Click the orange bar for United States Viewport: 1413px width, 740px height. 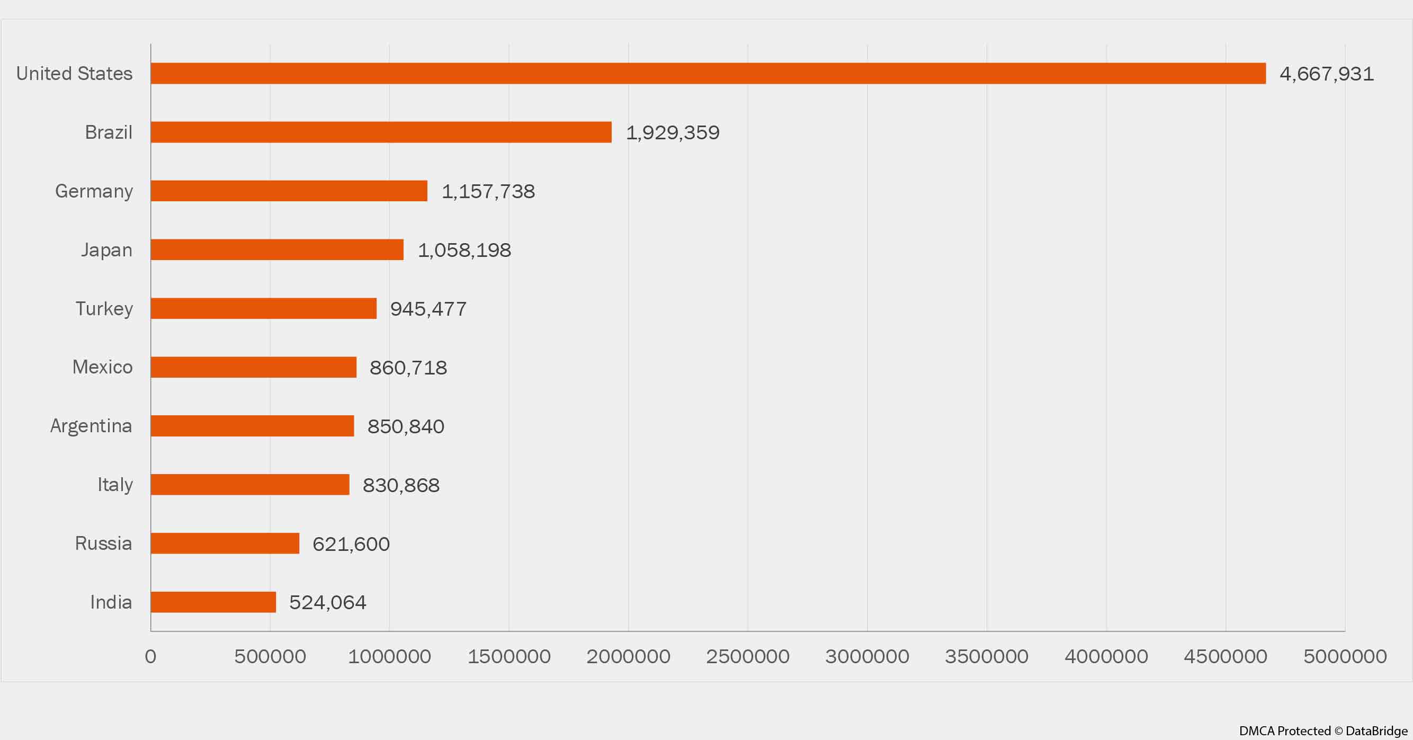point(708,74)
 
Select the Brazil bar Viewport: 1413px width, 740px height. point(381,132)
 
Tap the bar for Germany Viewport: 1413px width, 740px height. point(289,191)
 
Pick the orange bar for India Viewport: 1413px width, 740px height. point(213,602)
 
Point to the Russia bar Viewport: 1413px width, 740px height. point(225,543)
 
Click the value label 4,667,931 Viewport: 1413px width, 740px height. point(1326,74)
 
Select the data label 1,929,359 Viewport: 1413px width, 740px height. point(673,133)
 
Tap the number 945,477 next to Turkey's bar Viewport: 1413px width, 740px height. point(428,309)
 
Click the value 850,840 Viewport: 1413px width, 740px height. point(405,426)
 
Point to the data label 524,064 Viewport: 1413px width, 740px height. point(327,602)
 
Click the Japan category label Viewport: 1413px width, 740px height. point(106,250)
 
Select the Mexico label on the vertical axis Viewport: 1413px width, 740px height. point(103,367)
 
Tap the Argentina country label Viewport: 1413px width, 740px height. point(91,426)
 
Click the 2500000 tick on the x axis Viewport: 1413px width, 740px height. point(747,657)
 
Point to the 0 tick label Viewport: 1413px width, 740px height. point(150,657)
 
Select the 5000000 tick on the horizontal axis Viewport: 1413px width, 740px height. point(1345,657)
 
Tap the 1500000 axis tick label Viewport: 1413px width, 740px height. point(508,657)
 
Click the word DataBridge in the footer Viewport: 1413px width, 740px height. point(1376,731)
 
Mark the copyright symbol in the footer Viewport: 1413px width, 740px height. point(1338,731)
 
